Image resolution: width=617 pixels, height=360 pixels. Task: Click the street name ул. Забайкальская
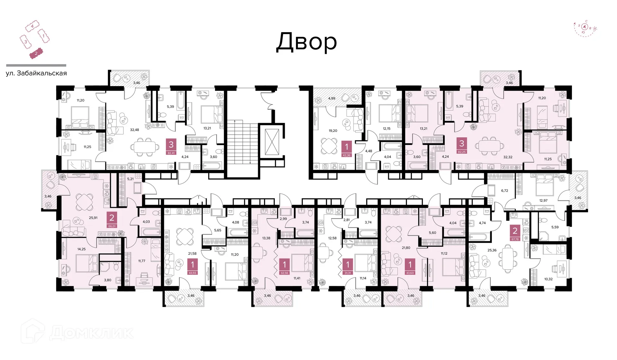36,73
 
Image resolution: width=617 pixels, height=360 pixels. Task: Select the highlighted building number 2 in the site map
36,54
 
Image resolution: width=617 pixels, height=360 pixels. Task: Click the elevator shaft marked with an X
272,142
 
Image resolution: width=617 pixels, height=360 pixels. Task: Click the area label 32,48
134,130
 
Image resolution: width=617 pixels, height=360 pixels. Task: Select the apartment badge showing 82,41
171,147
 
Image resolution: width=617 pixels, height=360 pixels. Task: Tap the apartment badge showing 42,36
346,149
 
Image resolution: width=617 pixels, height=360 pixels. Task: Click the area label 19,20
333,131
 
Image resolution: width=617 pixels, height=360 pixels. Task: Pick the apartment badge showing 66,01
112,220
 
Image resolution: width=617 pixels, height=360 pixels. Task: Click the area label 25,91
93,218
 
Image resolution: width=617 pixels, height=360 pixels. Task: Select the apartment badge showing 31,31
347,267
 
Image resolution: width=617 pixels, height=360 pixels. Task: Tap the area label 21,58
192,254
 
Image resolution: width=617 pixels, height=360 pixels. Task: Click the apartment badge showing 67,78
515,233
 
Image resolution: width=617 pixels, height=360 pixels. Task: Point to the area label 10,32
548,279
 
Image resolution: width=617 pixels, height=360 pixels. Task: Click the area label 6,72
505,190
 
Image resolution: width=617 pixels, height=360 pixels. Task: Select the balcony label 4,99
332,98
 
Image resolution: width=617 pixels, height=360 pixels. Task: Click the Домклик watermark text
91,333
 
